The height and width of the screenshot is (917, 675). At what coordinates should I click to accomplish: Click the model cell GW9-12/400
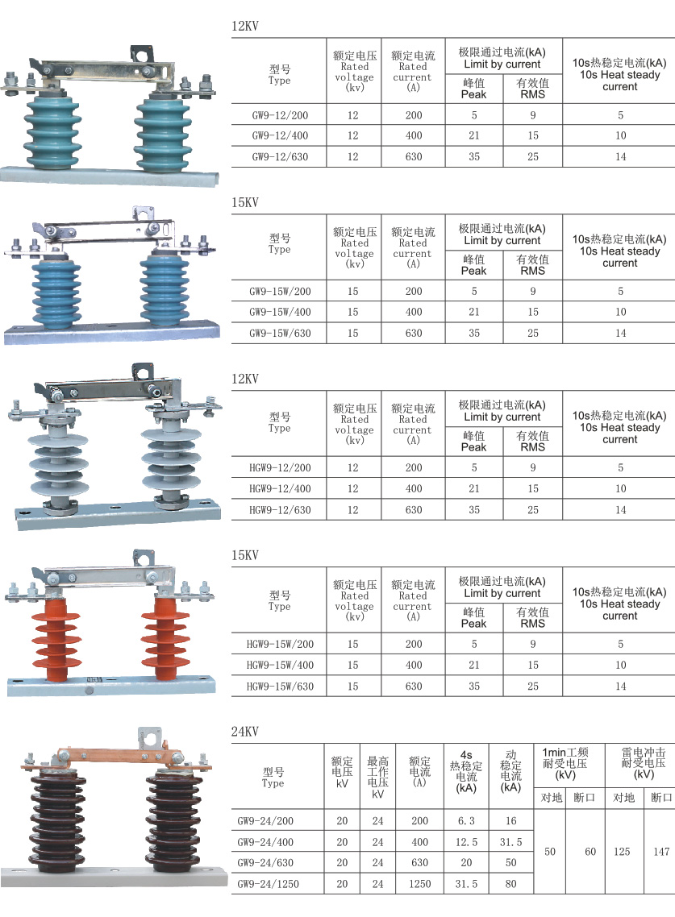[x=280, y=135]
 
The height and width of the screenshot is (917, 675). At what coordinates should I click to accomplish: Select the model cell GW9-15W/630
[x=280, y=334]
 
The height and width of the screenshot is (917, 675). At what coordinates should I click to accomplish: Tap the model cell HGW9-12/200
[x=280, y=468]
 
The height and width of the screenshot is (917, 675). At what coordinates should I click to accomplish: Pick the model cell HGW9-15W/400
[x=280, y=665]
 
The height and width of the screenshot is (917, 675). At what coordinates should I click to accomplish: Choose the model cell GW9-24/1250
[x=268, y=884]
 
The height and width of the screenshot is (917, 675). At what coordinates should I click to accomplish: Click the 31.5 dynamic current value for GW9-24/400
[x=511, y=842]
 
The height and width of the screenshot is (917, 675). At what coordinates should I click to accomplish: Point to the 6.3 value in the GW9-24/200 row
[x=466, y=821]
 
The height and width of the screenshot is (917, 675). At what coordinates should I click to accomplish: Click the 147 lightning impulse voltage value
[x=661, y=852]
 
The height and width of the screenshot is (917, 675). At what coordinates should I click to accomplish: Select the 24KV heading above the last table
[x=244, y=732]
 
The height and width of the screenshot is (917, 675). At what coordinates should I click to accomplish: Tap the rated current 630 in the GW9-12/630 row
[x=414, y=157]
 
